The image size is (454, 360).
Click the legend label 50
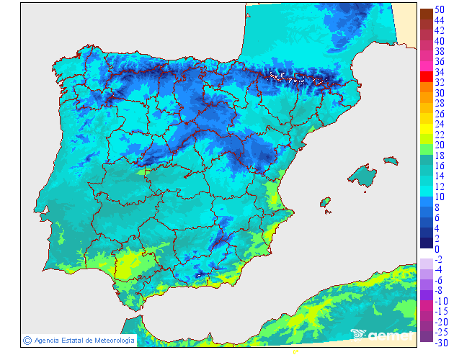click(440, 10)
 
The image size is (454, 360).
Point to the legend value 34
click(440, 72)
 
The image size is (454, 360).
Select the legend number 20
click(440, 145)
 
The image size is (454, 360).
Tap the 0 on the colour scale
click(437, 248)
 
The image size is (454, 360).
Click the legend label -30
click(441, 342)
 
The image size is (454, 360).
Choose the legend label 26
click(440, 114)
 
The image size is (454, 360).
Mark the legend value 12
click(440, 186)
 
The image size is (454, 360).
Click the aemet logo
click(382, 334)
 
